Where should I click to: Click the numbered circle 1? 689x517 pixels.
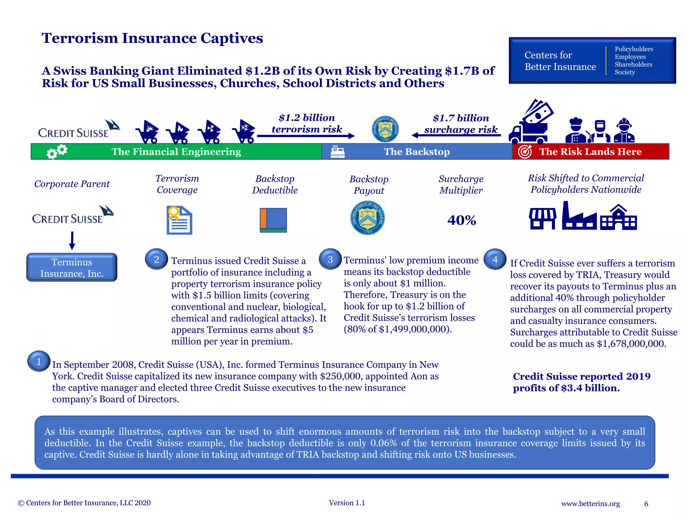click(x=39, y=361)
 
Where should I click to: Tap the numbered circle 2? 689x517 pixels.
click(x=156, y=259)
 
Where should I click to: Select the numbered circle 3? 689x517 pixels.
click(x=330, y=259)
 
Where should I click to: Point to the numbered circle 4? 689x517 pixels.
click(x=495, y=259)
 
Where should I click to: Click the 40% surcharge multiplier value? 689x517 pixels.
click(x=462, y=220)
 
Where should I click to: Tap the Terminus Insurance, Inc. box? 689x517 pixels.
click(x=72, y=268)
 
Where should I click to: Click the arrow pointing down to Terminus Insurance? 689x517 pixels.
click(x=72, y=240)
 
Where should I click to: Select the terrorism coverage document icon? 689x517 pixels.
click(x=179, y=220)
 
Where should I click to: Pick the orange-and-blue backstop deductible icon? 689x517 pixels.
click(x=273, y=220)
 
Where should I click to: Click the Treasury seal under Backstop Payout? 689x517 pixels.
click(x=368, y=218)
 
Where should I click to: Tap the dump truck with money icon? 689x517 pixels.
click(x=531, y=123)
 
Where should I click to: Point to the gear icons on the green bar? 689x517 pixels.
click(x=57, y=151)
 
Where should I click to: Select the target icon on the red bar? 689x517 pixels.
click(x=525, y=151)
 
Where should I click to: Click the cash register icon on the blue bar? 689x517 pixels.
click(x=337, y=151)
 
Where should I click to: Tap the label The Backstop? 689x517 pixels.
click(x=417, y=152)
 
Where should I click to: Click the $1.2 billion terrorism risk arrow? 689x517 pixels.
click(x=306, y=136)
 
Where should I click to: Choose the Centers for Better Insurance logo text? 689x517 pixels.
click(x=560, y=61)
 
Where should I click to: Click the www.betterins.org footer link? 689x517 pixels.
click(x=590, y=504)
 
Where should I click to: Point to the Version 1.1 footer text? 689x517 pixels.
click(x=347, y=503)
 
